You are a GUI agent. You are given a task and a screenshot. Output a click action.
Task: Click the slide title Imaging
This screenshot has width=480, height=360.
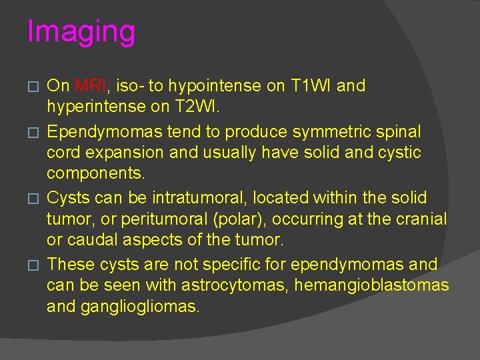click(x=81, y=31)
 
